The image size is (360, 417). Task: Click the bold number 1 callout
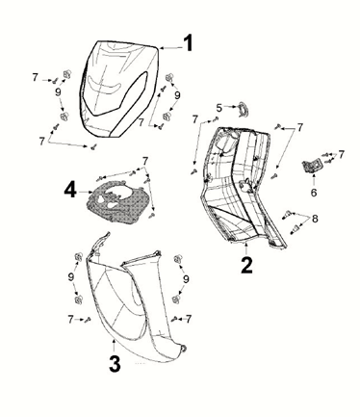(x=189, y=42)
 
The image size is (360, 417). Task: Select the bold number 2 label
(x=246, y=265)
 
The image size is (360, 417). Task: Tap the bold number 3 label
(x=115, y=363)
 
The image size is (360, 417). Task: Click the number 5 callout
(x=219, y=108)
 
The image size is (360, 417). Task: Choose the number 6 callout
(x=314, y=192)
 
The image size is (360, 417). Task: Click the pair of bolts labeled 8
(x=291, y=223)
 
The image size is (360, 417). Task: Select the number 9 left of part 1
(x=58, y=92)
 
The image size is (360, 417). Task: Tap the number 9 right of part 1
(x=177, y=95)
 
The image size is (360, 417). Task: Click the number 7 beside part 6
(x=341, y=154)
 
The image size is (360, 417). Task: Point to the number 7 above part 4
(x=145, y=160)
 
